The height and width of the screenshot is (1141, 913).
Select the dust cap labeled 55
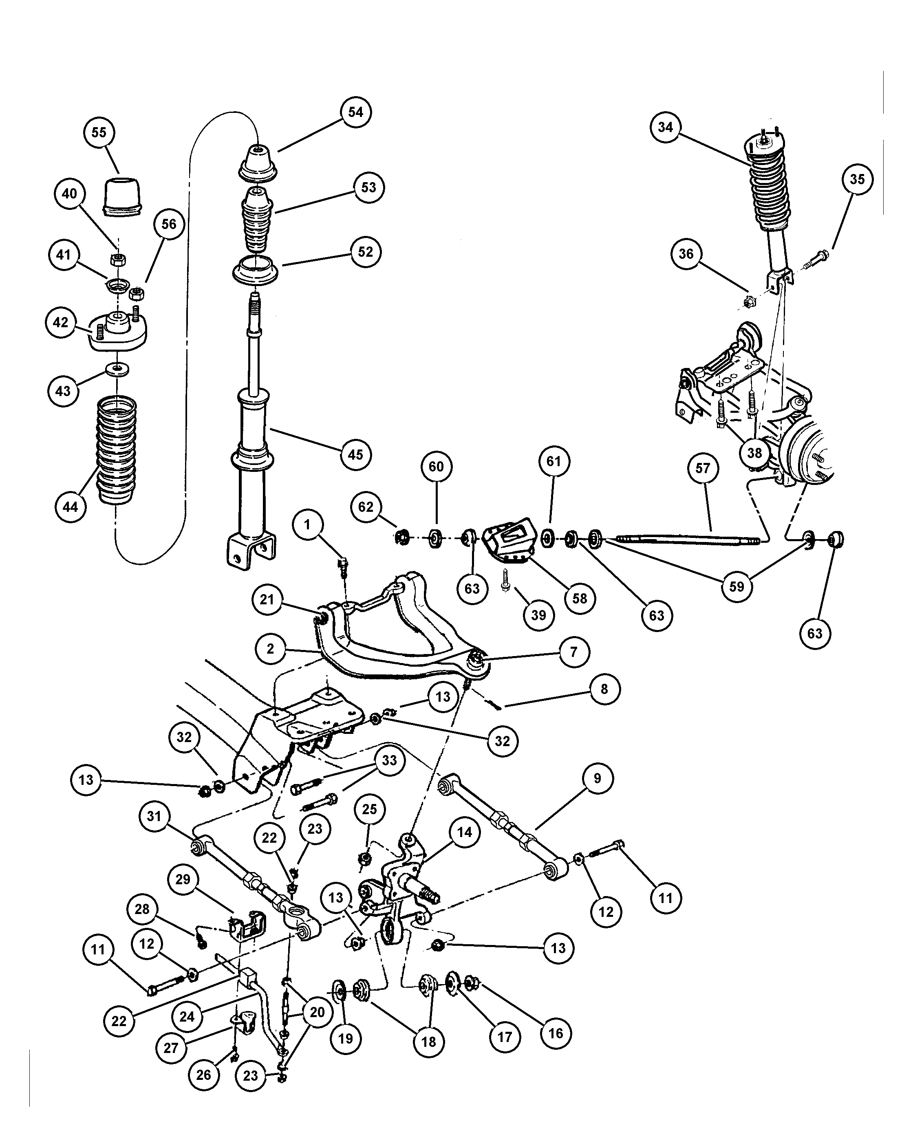(x=122, y=197)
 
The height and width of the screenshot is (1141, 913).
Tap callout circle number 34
(x=665, y=127)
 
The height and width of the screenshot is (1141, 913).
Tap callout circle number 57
(x=703, y=468)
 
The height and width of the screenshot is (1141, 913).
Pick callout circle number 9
(x=598, y=778)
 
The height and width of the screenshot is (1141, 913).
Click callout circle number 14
(x=464, y=832)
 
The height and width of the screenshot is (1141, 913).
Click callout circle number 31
(x=154, y=815)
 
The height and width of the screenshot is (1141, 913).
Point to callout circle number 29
(x=183, y=879)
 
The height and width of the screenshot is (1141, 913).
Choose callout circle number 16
(x=556, y=1033)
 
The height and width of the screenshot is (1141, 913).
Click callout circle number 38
(x=754, y=453)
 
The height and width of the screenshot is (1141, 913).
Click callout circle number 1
(x=307, y=525)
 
